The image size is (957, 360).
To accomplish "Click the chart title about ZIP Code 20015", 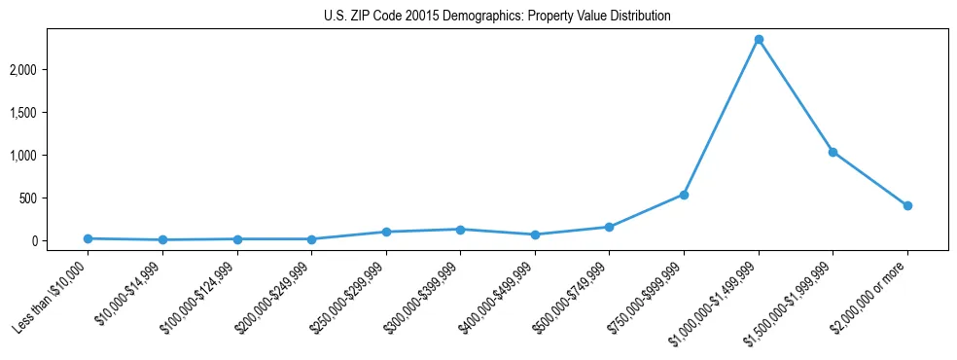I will [x=497, y=17].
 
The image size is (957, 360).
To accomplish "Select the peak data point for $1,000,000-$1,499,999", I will [x=759, y=40].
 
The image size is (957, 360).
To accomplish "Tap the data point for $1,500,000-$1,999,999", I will [x=833, y=152].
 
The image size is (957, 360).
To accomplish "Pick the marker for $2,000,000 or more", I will [x=907, y=205].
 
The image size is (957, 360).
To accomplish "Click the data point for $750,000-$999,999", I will [x=684, y=195].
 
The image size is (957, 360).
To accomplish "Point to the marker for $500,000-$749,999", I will [x=609, y=227].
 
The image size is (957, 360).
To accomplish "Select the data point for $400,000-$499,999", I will [x=535, y=234].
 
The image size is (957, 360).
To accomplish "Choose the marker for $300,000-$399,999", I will [x=460, y=230].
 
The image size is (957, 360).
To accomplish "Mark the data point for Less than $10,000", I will [x=88, y=238].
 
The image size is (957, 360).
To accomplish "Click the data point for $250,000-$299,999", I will [x=386, y=232].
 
